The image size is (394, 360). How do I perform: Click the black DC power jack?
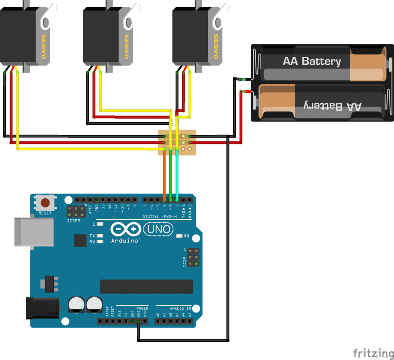[42, 308]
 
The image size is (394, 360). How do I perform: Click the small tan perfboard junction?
[177, 142]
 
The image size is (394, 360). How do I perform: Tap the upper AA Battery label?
[312, 62]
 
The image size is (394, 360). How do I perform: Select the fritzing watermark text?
[373, 353]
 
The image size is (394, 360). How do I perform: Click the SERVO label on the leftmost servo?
[43, 47]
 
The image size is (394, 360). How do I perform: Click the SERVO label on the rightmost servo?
[215, 47]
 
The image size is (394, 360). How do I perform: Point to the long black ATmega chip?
[146, 286]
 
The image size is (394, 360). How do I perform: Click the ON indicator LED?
[179, 236]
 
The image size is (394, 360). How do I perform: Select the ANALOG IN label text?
[180, 309]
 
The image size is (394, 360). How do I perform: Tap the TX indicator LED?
[100, 236]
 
